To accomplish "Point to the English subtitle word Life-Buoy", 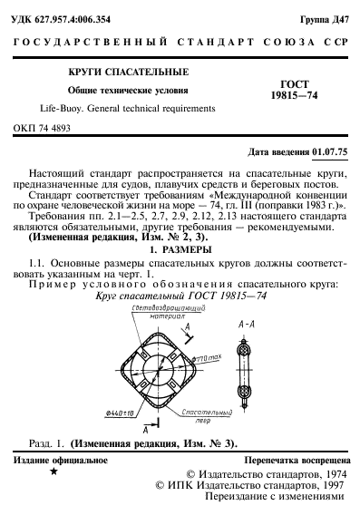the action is (37, 108).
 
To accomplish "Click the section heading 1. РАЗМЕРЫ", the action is (180, 248).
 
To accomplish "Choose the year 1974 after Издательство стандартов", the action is (328, 473).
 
